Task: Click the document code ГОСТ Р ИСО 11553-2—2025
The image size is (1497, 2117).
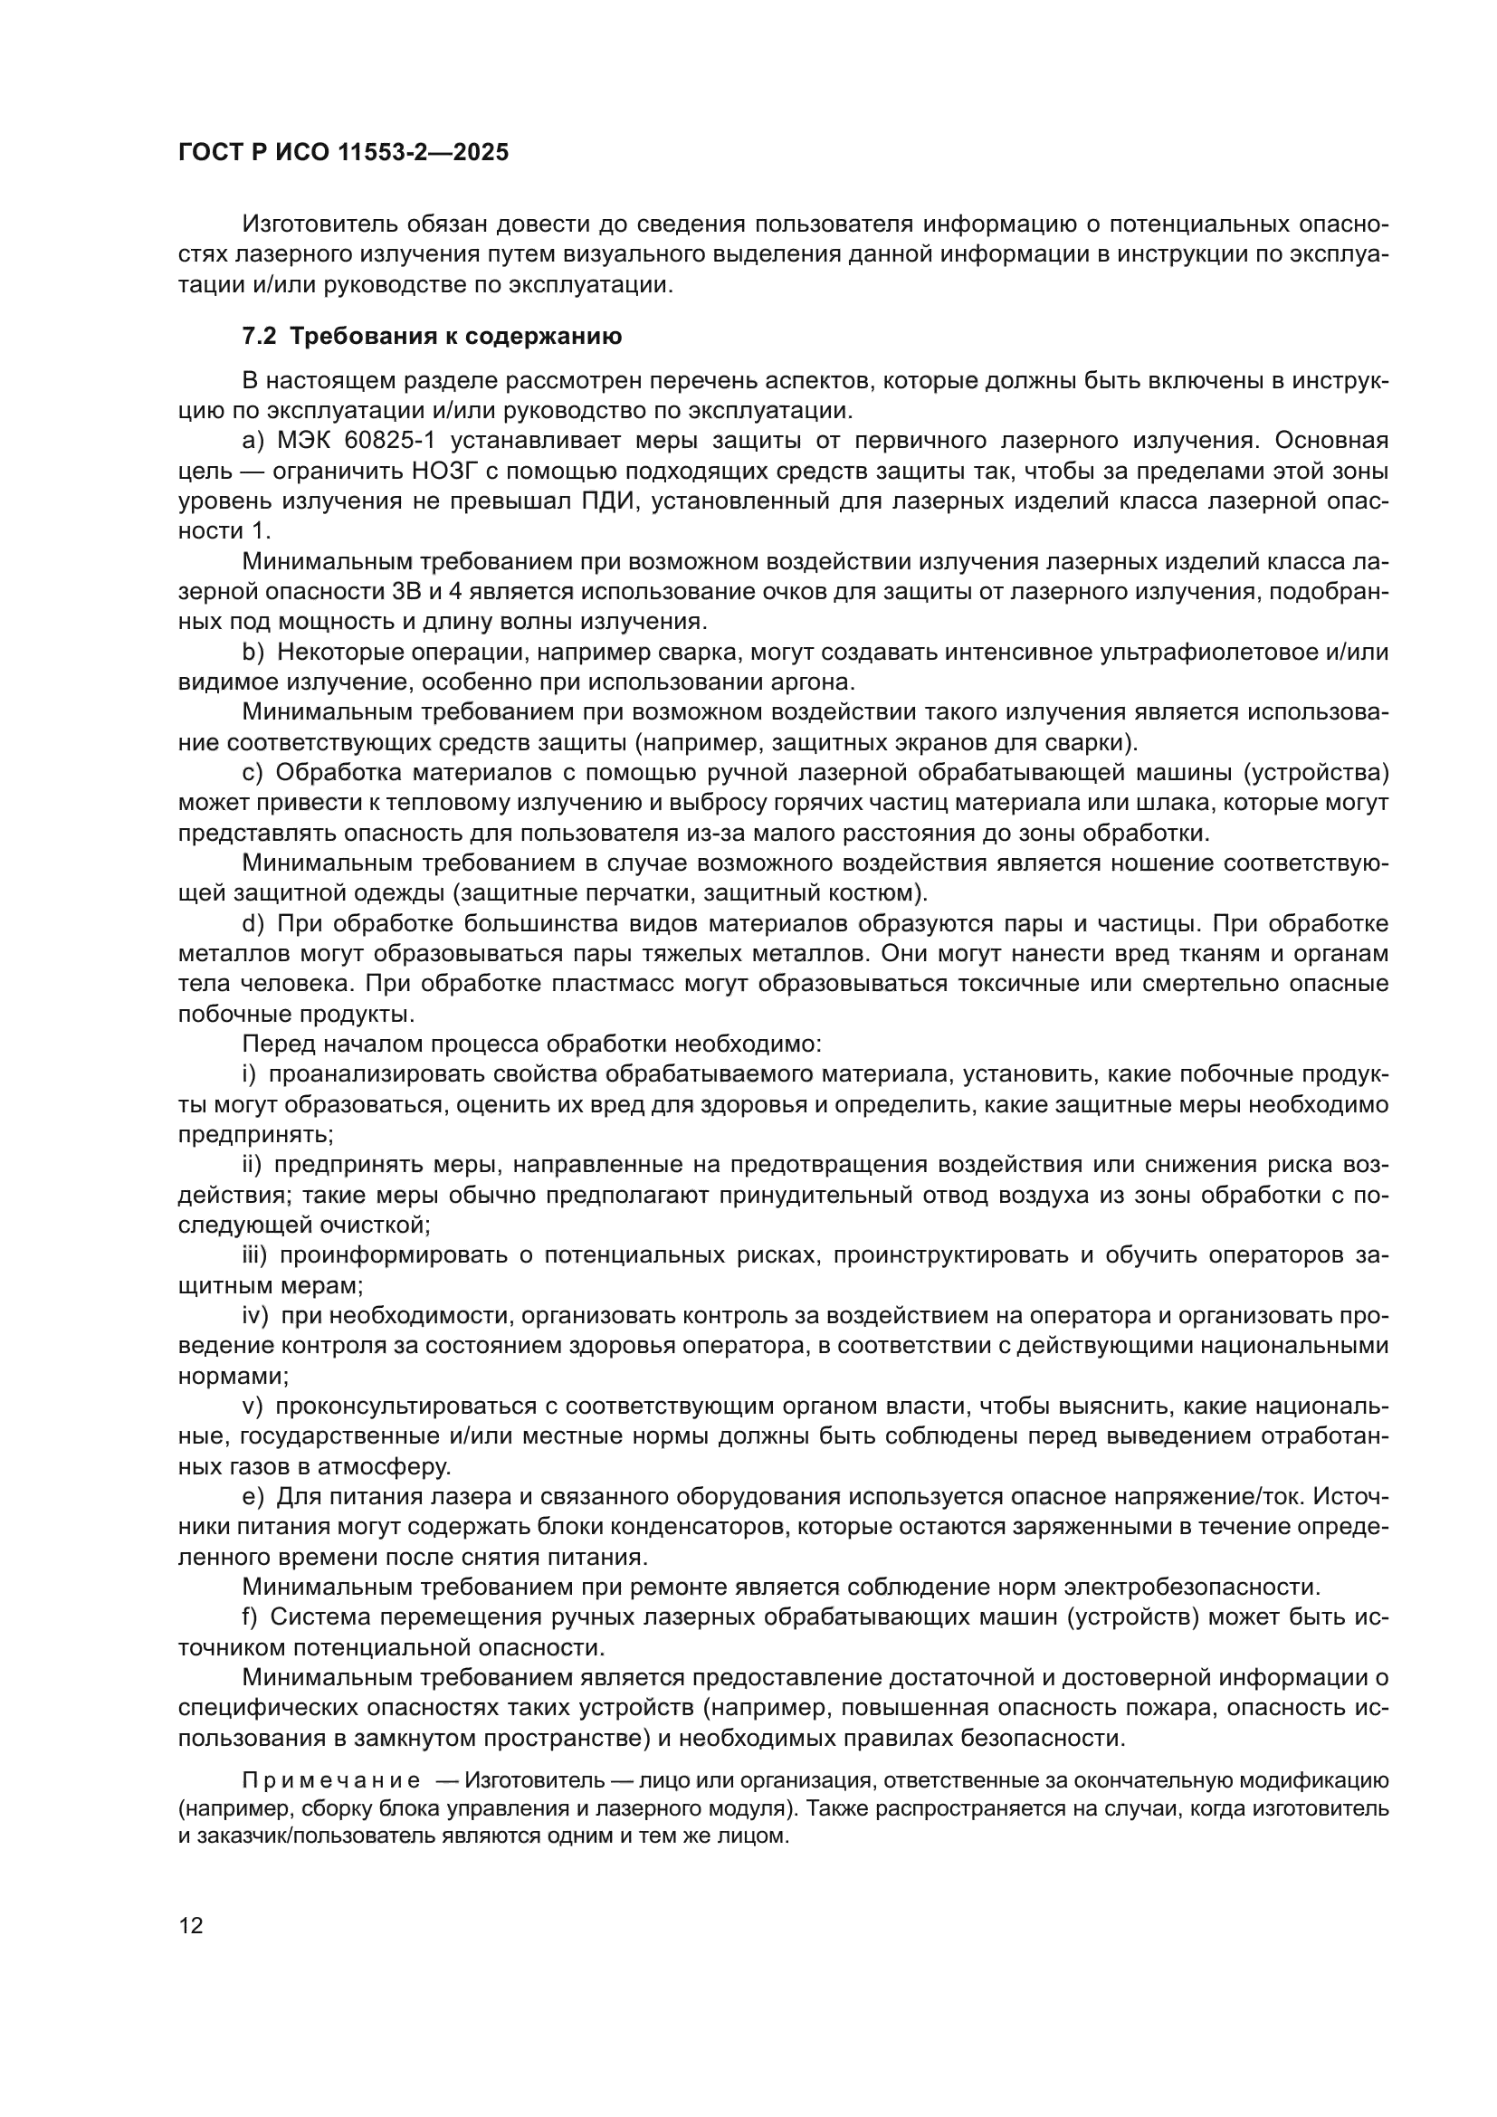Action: pyautogui.click(x=343, y=153)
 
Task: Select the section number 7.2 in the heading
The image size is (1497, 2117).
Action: pyautogui.click(x=259, y=337)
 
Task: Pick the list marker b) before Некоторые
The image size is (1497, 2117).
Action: pyautogui.click(x=253, y=653)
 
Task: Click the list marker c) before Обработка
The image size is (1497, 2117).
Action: pyautogui.click(x=252, y=773)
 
